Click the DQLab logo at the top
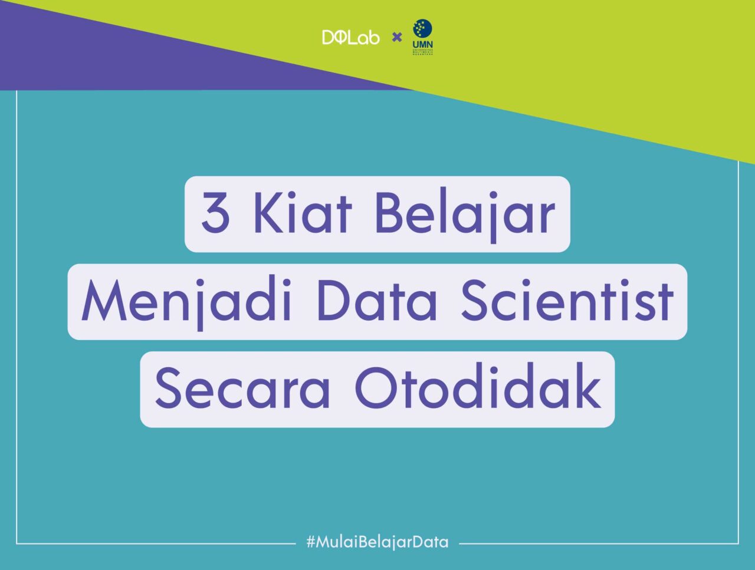click(350, 38)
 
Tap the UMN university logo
click(422, 37)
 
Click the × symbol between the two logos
click(397, 38)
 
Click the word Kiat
click(302, 212)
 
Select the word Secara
click(242, 388)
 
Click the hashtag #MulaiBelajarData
click(377, 542)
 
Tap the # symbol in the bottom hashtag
click(311, 542)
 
